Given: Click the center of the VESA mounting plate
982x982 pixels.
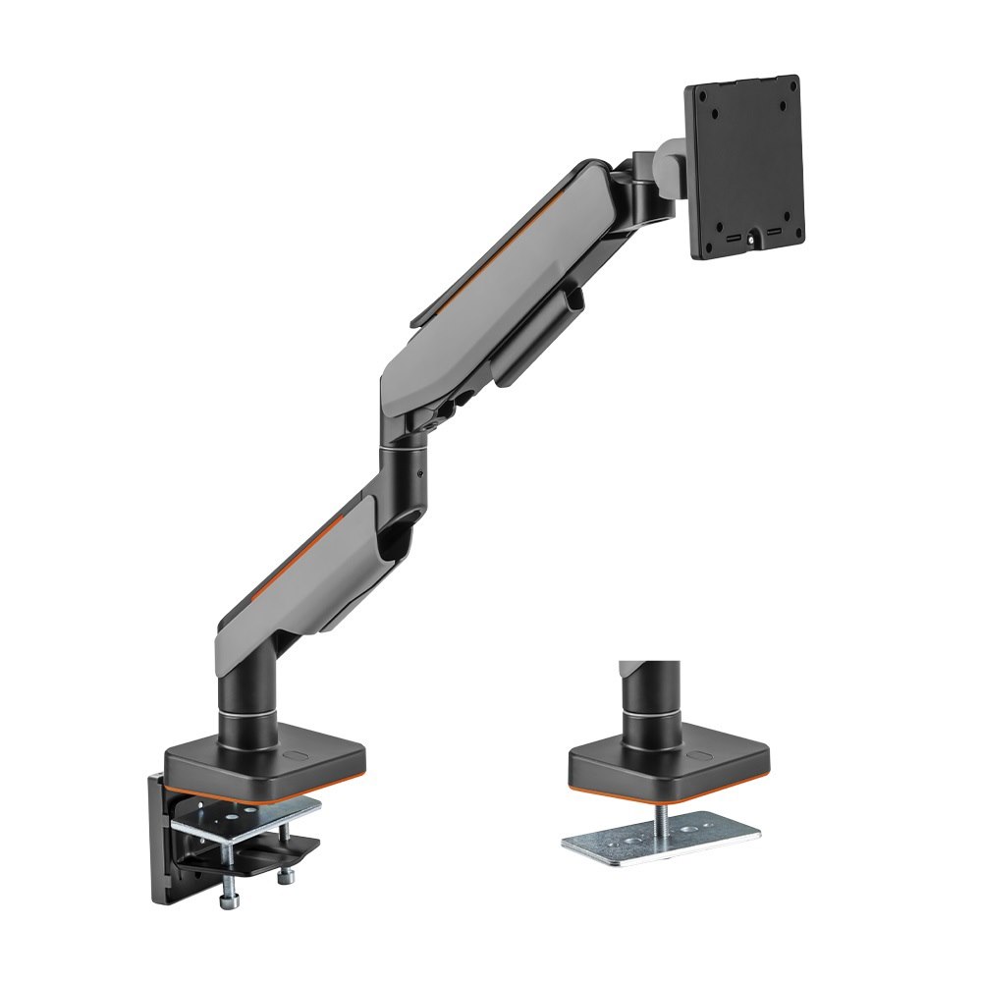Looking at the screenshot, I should pyautogui.click(x=744, y=167).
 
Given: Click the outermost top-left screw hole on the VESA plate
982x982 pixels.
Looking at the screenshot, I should pyautogui.click(x=699, y=96).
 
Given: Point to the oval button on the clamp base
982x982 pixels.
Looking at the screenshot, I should pyautogui.click(x=295, y=757).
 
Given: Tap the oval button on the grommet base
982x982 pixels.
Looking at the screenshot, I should pyautogui.click(x=699, y=757).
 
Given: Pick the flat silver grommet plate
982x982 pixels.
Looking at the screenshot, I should pyautogui.click(x=660, y=841).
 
